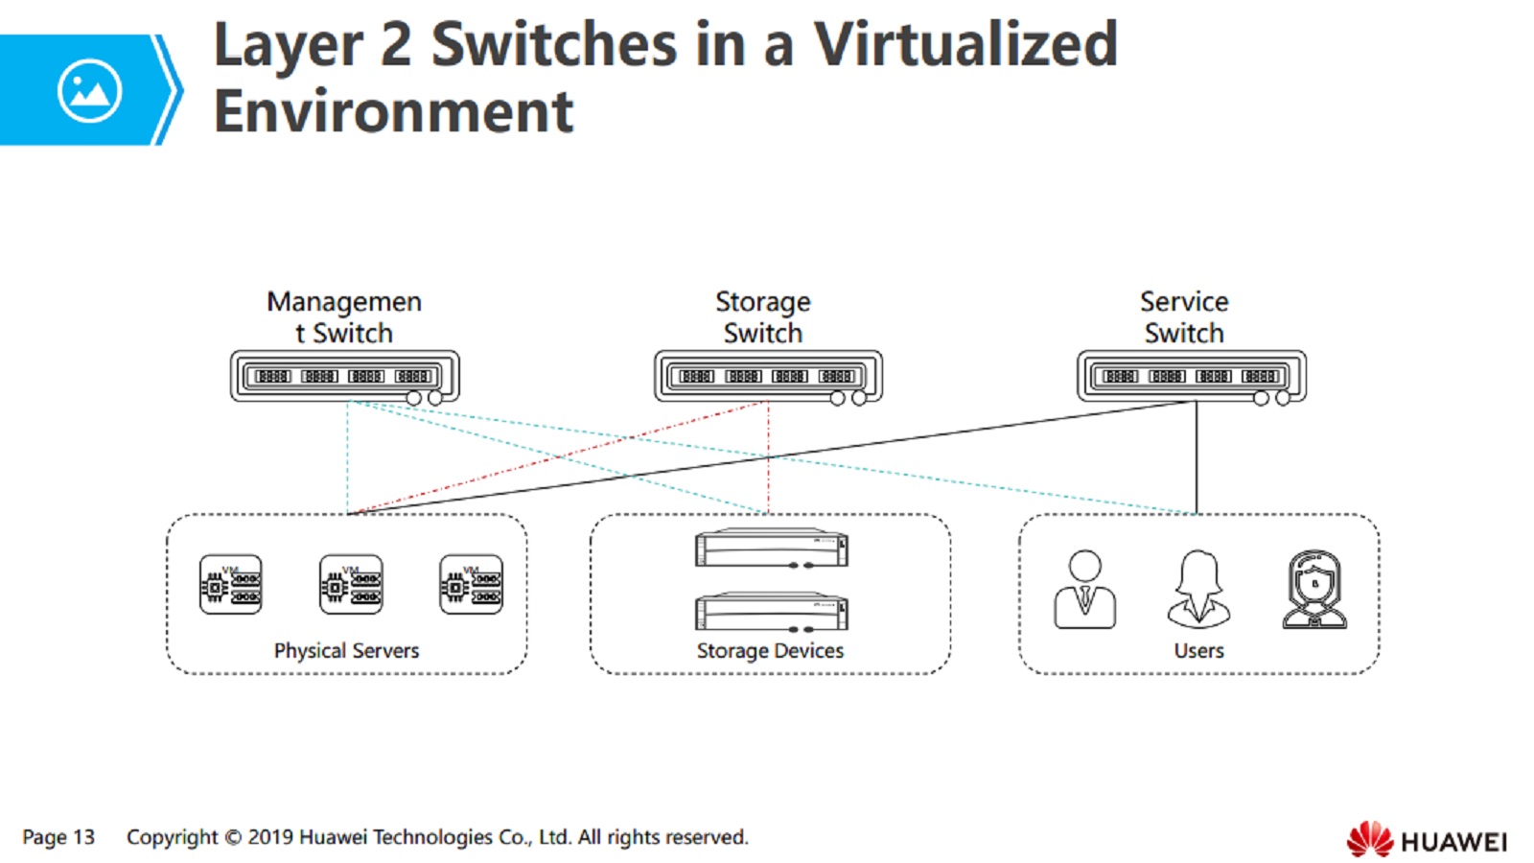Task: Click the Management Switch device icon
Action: coord(344,376)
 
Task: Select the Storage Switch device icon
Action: coord(768,376)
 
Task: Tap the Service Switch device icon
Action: coord(1192,376)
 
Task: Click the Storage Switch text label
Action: coord(763,317)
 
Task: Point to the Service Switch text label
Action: coord(1184,317)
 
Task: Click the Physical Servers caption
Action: coord(346,650)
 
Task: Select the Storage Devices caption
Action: coord(770,650)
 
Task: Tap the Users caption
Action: coord(1198,650)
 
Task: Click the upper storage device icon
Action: coord(772,548)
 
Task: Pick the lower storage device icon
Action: coord(772,611)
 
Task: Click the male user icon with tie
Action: coord(1084,589)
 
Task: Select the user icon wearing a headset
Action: coord(1314,589)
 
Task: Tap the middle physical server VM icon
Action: coord(351,584)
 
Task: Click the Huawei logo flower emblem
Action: coord(1369,839)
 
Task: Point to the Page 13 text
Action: coord(58,837)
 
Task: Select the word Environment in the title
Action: coord(393,111)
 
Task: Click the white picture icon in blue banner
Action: coord(89,91)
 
